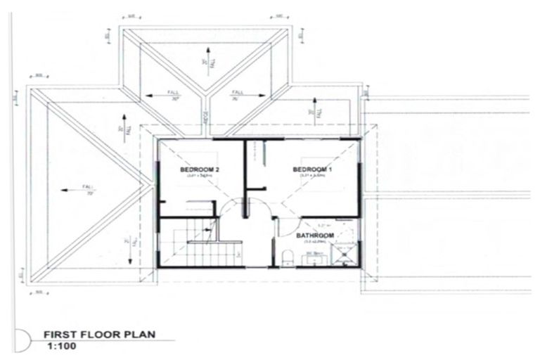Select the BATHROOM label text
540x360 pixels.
click(314, 236)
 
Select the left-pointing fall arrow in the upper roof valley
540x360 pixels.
click(160, 97)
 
